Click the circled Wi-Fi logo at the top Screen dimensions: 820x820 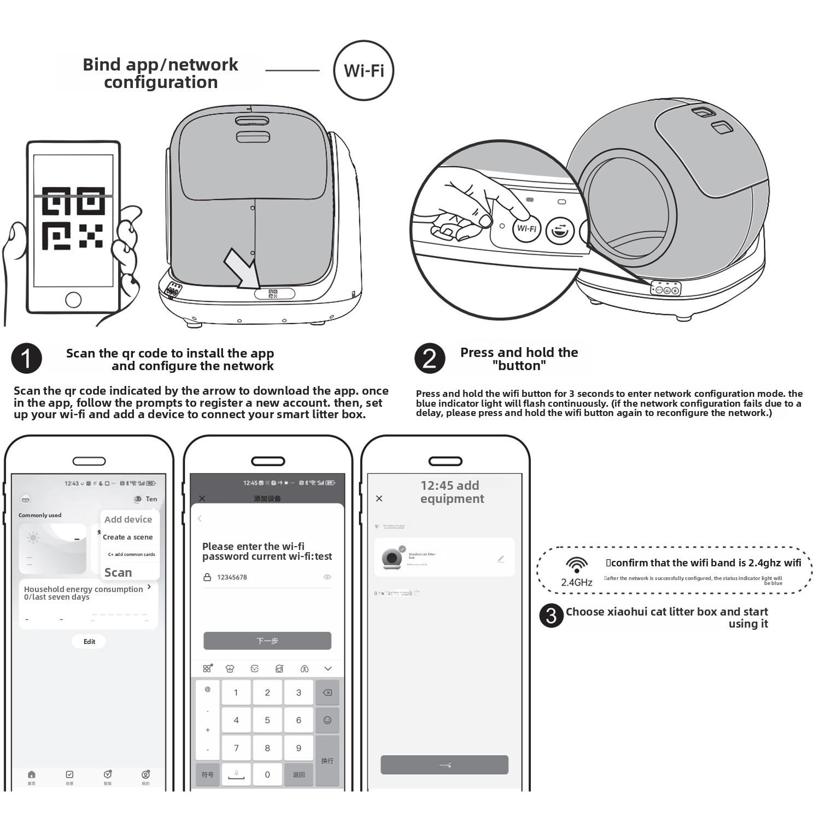pyautogui.click(x=364, y=71)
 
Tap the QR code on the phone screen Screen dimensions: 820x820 pyautogui.click(x=73, y=218)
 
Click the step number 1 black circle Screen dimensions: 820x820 pyautogui.click(x=26, y=359)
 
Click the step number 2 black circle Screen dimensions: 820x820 pyautogui.click(x=429, y=359)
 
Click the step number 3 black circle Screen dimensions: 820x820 pyautogui.click(x=551, y=616)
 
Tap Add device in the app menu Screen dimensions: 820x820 pyautogui.click(x=128, y=519)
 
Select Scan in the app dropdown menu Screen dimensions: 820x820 pyautogui.click(x=118, y=572)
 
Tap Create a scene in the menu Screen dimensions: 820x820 pyautogui.click(x=128, y=537)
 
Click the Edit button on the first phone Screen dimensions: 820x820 pyautogui.click(x=89, y=642)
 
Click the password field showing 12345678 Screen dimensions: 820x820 pyautogui.click(x=262, y=577)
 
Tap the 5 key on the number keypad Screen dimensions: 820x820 pyautogui.click(x=267, y=721)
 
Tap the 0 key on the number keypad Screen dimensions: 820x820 pyautogui.click(x=267, y=775)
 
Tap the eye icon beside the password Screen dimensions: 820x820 pyautogui.click(x=327, y=577)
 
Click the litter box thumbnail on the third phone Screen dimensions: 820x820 pyautogui.click(x=392, y=558)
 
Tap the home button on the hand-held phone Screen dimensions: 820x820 pyautogui.click(x=73, y=300)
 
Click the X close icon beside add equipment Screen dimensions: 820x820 pyautogui.click(x=379, y=499)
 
